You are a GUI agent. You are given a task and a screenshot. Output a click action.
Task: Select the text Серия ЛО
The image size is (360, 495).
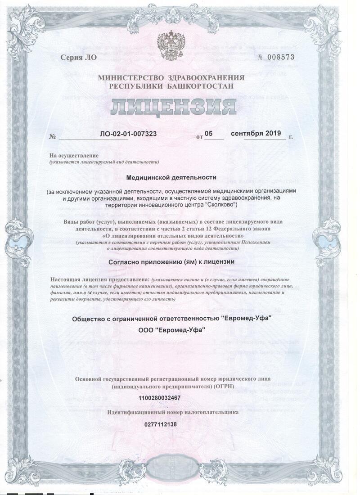(78, 58)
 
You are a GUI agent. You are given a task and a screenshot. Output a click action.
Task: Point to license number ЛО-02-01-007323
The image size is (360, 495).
(128, 134)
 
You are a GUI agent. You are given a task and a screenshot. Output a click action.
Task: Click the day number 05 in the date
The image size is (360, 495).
(208, 133)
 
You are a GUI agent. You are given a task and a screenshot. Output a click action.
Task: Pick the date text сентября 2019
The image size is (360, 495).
(256, 133)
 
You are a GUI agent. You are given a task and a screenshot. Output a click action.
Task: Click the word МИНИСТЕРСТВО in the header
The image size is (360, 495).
(130, 78)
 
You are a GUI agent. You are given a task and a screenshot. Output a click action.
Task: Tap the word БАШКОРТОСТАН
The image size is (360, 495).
(208, 85)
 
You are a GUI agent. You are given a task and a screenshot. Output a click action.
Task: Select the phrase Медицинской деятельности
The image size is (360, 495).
(171, 178)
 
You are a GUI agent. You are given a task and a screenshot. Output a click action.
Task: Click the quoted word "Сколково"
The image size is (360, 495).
(217, 205)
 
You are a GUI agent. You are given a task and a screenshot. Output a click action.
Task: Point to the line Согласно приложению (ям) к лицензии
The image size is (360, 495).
(171, 261)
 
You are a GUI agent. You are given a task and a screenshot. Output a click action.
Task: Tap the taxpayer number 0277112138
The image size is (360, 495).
(161, 424)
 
